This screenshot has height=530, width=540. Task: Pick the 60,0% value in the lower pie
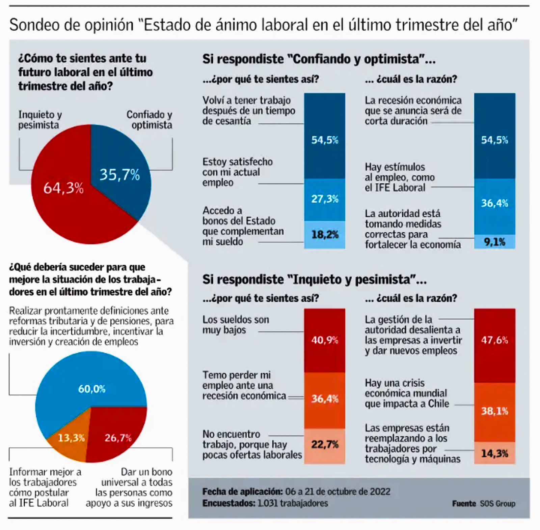point(92,389)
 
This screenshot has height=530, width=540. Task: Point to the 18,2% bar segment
point(324,235)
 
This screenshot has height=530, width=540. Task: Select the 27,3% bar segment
point(324,199)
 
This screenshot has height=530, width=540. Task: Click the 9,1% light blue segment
point(494,242)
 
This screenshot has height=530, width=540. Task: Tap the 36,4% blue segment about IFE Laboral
point(494,203)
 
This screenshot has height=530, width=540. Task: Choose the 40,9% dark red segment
point(324,340)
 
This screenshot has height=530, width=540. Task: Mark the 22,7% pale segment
point(324,445)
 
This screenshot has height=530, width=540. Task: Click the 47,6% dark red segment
point(494,341)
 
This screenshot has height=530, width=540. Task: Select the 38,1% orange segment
point(494,411)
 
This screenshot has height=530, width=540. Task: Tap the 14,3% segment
point(494,453)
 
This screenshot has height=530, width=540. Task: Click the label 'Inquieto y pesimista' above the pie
point(40,120)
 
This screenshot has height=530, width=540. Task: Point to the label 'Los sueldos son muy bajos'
point(235,325)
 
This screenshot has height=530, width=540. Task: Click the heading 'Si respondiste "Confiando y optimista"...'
point(319,59)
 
